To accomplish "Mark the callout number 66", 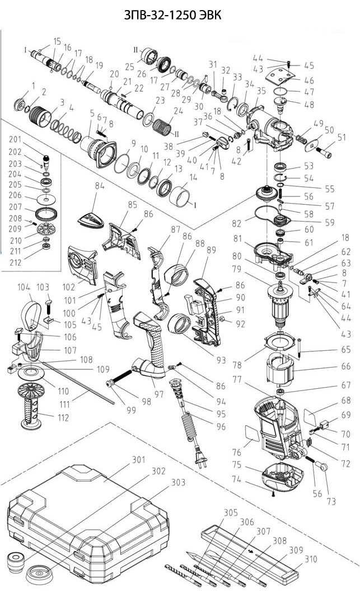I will tap(345, 366).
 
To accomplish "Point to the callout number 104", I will tap(24, 286).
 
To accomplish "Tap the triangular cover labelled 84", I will tap(90, 217).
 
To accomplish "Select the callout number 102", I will tap(68, 286).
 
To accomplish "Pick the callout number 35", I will tap(261, 91).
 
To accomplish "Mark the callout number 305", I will tap(230, 512).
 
